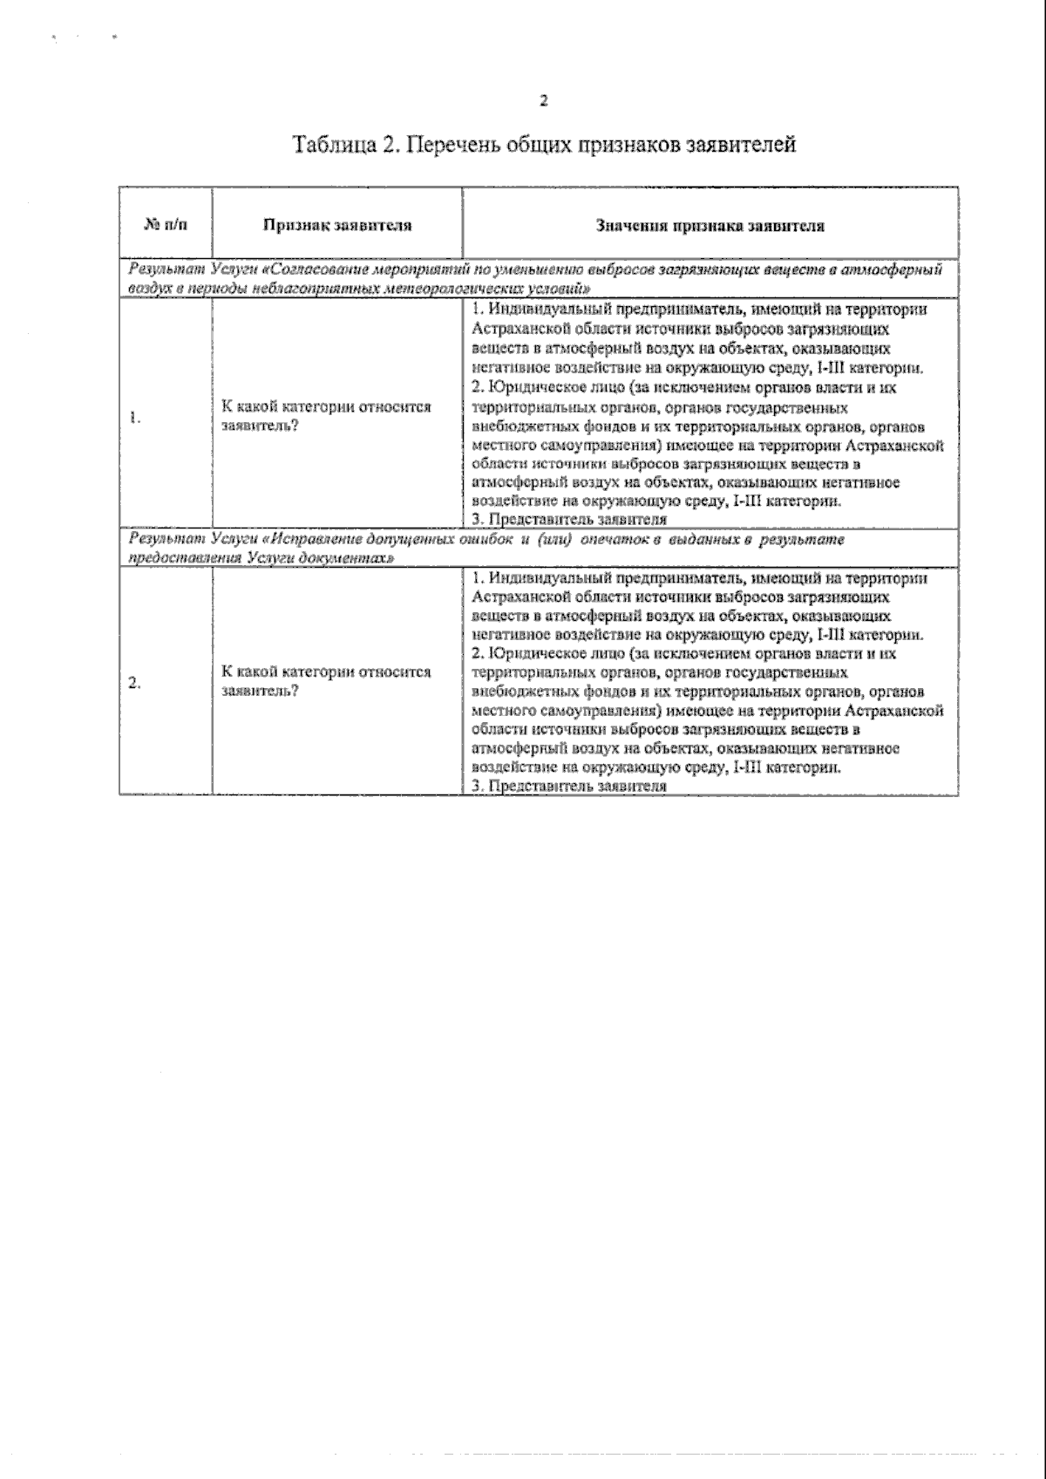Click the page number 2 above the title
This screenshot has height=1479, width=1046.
click(544, 101)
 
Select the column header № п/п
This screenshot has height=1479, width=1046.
click(165, 225)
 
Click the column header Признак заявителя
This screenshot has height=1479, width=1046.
click(337, 225)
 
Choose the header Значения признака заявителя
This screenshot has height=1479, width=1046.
click(710, 225)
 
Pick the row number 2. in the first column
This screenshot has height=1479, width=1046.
click(134, 683)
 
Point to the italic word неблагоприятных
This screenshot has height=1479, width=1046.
click(281, 288)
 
